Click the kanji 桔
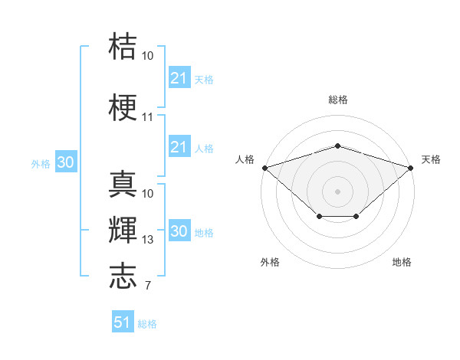(x=123, y=46)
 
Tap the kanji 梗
(x=123, y=107)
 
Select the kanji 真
(x=123, y=184)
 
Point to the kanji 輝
(x=123, y=230)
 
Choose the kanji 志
(x=123, y=276)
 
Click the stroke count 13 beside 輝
(x=147, y=240)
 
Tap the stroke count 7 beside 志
(x=148, y=286)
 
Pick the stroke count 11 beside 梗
(x=147, y=117)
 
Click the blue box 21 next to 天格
(x=179, y=77)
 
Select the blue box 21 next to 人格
(x=179, y=146)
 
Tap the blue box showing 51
(x=123, y=321)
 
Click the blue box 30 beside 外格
(x=66, y=162)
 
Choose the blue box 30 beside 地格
(x=179, y=230)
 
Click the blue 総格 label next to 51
(x=147, y=324)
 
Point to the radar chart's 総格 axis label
(x=338, y=100)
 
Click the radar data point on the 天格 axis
(x=411, y=168)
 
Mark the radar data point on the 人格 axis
(x=265, y=168)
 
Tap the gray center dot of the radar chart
(x=337, y=191)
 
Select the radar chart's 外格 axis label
(x=270, y=262)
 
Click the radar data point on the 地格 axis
(x=356, y=216)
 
